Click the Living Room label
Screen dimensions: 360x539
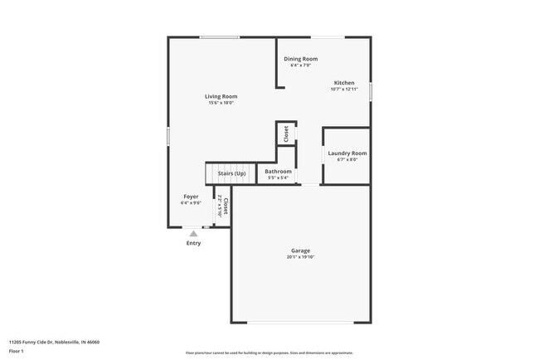point(221,96)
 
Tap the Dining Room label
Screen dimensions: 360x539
point(300,59)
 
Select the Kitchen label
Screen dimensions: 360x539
point(344,83)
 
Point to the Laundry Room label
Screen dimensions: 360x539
point(347,153)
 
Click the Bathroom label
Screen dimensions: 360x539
point(278,172)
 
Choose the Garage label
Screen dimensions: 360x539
point(300,251)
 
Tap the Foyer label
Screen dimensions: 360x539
point(191,197)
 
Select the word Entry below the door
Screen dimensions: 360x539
point(193,243)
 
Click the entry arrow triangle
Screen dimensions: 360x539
point(193,234)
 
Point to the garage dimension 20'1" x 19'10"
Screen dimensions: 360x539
point(300,257)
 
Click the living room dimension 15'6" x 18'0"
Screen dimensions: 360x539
point(221,103)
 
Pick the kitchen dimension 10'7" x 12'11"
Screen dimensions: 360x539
point(344,90)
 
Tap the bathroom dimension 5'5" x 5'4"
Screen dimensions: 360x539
point(278,178)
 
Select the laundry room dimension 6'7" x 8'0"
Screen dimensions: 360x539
point(347,160)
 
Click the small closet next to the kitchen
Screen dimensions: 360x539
point(286,134)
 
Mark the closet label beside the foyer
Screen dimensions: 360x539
point(225,206)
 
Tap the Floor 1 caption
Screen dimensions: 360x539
point(17,351)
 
